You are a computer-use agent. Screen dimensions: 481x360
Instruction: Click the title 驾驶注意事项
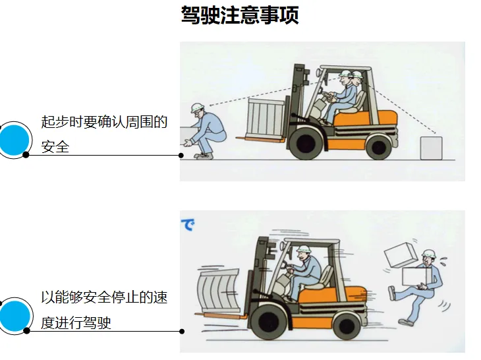point(240,15)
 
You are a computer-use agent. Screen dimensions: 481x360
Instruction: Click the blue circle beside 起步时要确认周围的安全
point(14,140)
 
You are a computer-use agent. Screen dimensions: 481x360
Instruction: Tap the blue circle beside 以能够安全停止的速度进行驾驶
point(14,316)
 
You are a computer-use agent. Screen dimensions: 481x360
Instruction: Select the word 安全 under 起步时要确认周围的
point(55,146)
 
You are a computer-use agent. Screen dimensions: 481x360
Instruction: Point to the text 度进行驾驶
point(76,322)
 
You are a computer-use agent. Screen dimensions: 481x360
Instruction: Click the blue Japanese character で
point(187,225)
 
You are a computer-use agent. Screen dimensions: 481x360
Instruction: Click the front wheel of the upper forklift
point(306,143)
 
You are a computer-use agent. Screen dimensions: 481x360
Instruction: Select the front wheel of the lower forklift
point(268,322)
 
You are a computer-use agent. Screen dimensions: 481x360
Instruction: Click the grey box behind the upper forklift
point(431,148)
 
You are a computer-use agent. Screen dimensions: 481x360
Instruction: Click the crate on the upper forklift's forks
point(266,119)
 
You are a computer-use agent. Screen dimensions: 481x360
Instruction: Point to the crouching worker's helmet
point(197,107)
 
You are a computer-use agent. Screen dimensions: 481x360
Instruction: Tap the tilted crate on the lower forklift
point(218,290)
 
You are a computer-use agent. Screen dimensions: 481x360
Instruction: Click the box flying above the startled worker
point(401,254)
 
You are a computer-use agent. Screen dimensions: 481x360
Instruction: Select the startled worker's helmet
point(428,253)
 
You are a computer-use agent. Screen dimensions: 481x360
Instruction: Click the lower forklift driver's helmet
point(304,248)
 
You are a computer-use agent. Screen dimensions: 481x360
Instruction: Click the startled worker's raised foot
point(392,293)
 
